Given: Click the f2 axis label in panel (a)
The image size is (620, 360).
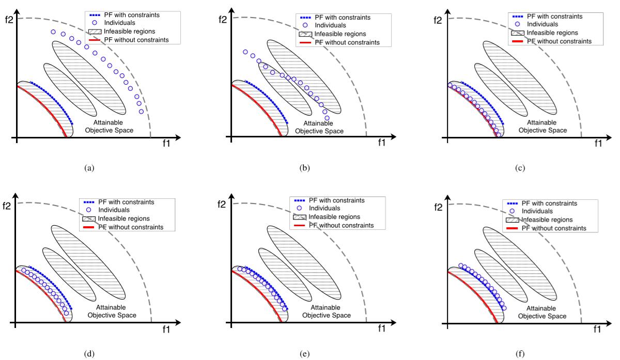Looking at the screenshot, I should pyautogui.click(x=7, y=23).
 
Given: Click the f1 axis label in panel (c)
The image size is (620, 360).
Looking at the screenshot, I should pyautogui.click(x=598, y=144).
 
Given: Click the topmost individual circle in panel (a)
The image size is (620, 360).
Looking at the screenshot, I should pyautogui.click(x=53, y=32).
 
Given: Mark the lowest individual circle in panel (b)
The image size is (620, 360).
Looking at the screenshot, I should pyautogui.click(x=327, y=118).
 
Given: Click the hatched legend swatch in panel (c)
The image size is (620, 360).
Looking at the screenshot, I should pyautogui.click(x=517, y=32).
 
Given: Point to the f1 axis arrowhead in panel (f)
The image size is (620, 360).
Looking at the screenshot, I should pyautogui.click(x=607, y=322).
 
